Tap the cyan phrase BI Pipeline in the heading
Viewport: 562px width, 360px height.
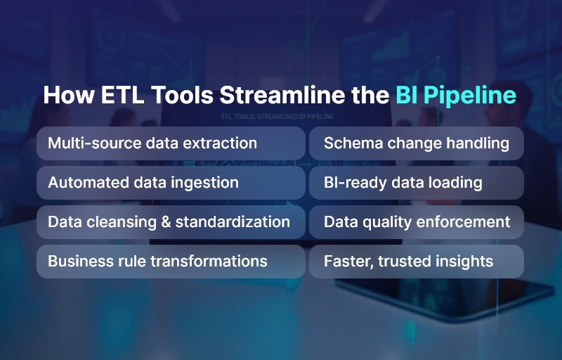[455, 96]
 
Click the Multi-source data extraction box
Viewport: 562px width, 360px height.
[171, 143]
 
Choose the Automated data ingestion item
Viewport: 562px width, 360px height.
[171, 183]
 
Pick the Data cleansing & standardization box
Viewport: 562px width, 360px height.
[171, 222]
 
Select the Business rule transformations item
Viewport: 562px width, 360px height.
[171, 262]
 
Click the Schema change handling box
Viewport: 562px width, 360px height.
[417, 143]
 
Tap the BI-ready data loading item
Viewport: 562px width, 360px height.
[417, 183]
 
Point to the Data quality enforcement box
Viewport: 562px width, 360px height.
[417, 222]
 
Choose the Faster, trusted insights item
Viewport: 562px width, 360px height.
[417, 262]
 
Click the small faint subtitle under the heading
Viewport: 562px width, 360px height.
[277, 116]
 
